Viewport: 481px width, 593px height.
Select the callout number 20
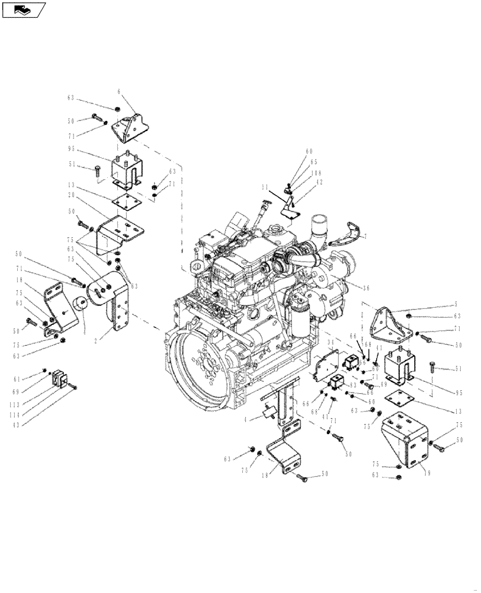71,195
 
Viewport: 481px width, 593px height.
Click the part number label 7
365,237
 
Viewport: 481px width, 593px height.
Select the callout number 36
367,287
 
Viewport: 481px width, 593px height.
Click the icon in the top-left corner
24,9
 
